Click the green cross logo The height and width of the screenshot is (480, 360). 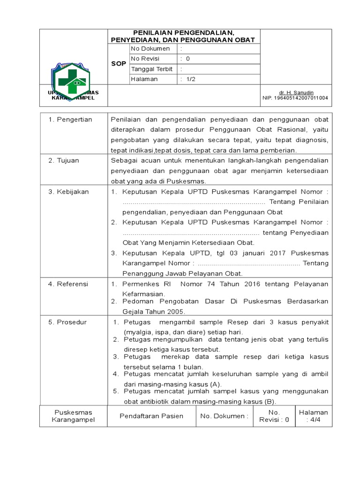(72, 79)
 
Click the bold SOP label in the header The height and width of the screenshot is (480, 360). (119, 64)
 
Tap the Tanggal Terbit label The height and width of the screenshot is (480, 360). (152, 69)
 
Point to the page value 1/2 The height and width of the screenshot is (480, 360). (191, 79)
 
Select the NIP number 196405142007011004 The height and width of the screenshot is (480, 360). (295, 98)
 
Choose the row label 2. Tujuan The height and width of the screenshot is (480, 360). (64, 160)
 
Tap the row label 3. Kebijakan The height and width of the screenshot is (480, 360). (69, 191)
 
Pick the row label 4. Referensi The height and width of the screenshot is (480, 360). (68, 284)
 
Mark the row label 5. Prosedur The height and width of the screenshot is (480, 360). (68, 322)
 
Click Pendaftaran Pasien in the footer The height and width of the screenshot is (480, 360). (151, 416)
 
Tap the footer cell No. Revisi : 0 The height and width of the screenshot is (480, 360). (274, 416)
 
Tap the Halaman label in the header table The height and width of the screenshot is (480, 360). (144, 79)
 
